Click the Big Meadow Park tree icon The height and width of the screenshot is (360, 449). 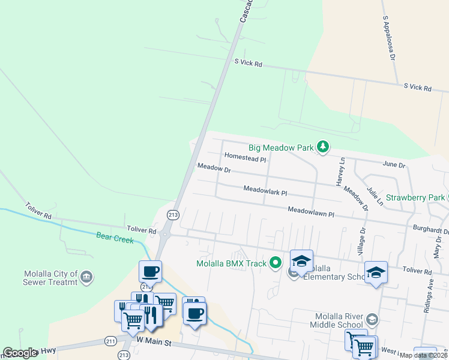pos(323,147)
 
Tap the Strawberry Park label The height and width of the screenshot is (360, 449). pos(415,197)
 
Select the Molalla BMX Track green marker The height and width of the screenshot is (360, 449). pos(276,263)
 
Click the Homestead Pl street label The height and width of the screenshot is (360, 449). pos(245,157)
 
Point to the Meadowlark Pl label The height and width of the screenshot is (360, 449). pos(265,190)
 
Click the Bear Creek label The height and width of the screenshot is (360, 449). pos(115,236)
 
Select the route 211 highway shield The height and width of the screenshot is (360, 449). pos(110,341)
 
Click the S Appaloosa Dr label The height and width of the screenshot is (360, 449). pos(388,38)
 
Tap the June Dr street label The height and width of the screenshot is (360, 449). pos(394,164)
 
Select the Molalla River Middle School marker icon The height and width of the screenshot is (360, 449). pos(372,319)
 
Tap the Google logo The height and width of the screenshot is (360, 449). pos(20,353)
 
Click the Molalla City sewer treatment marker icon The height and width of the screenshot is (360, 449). pos(86,277)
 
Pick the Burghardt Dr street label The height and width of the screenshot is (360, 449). pos(431,230)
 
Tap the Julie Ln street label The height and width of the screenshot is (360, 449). pos(375,196)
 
